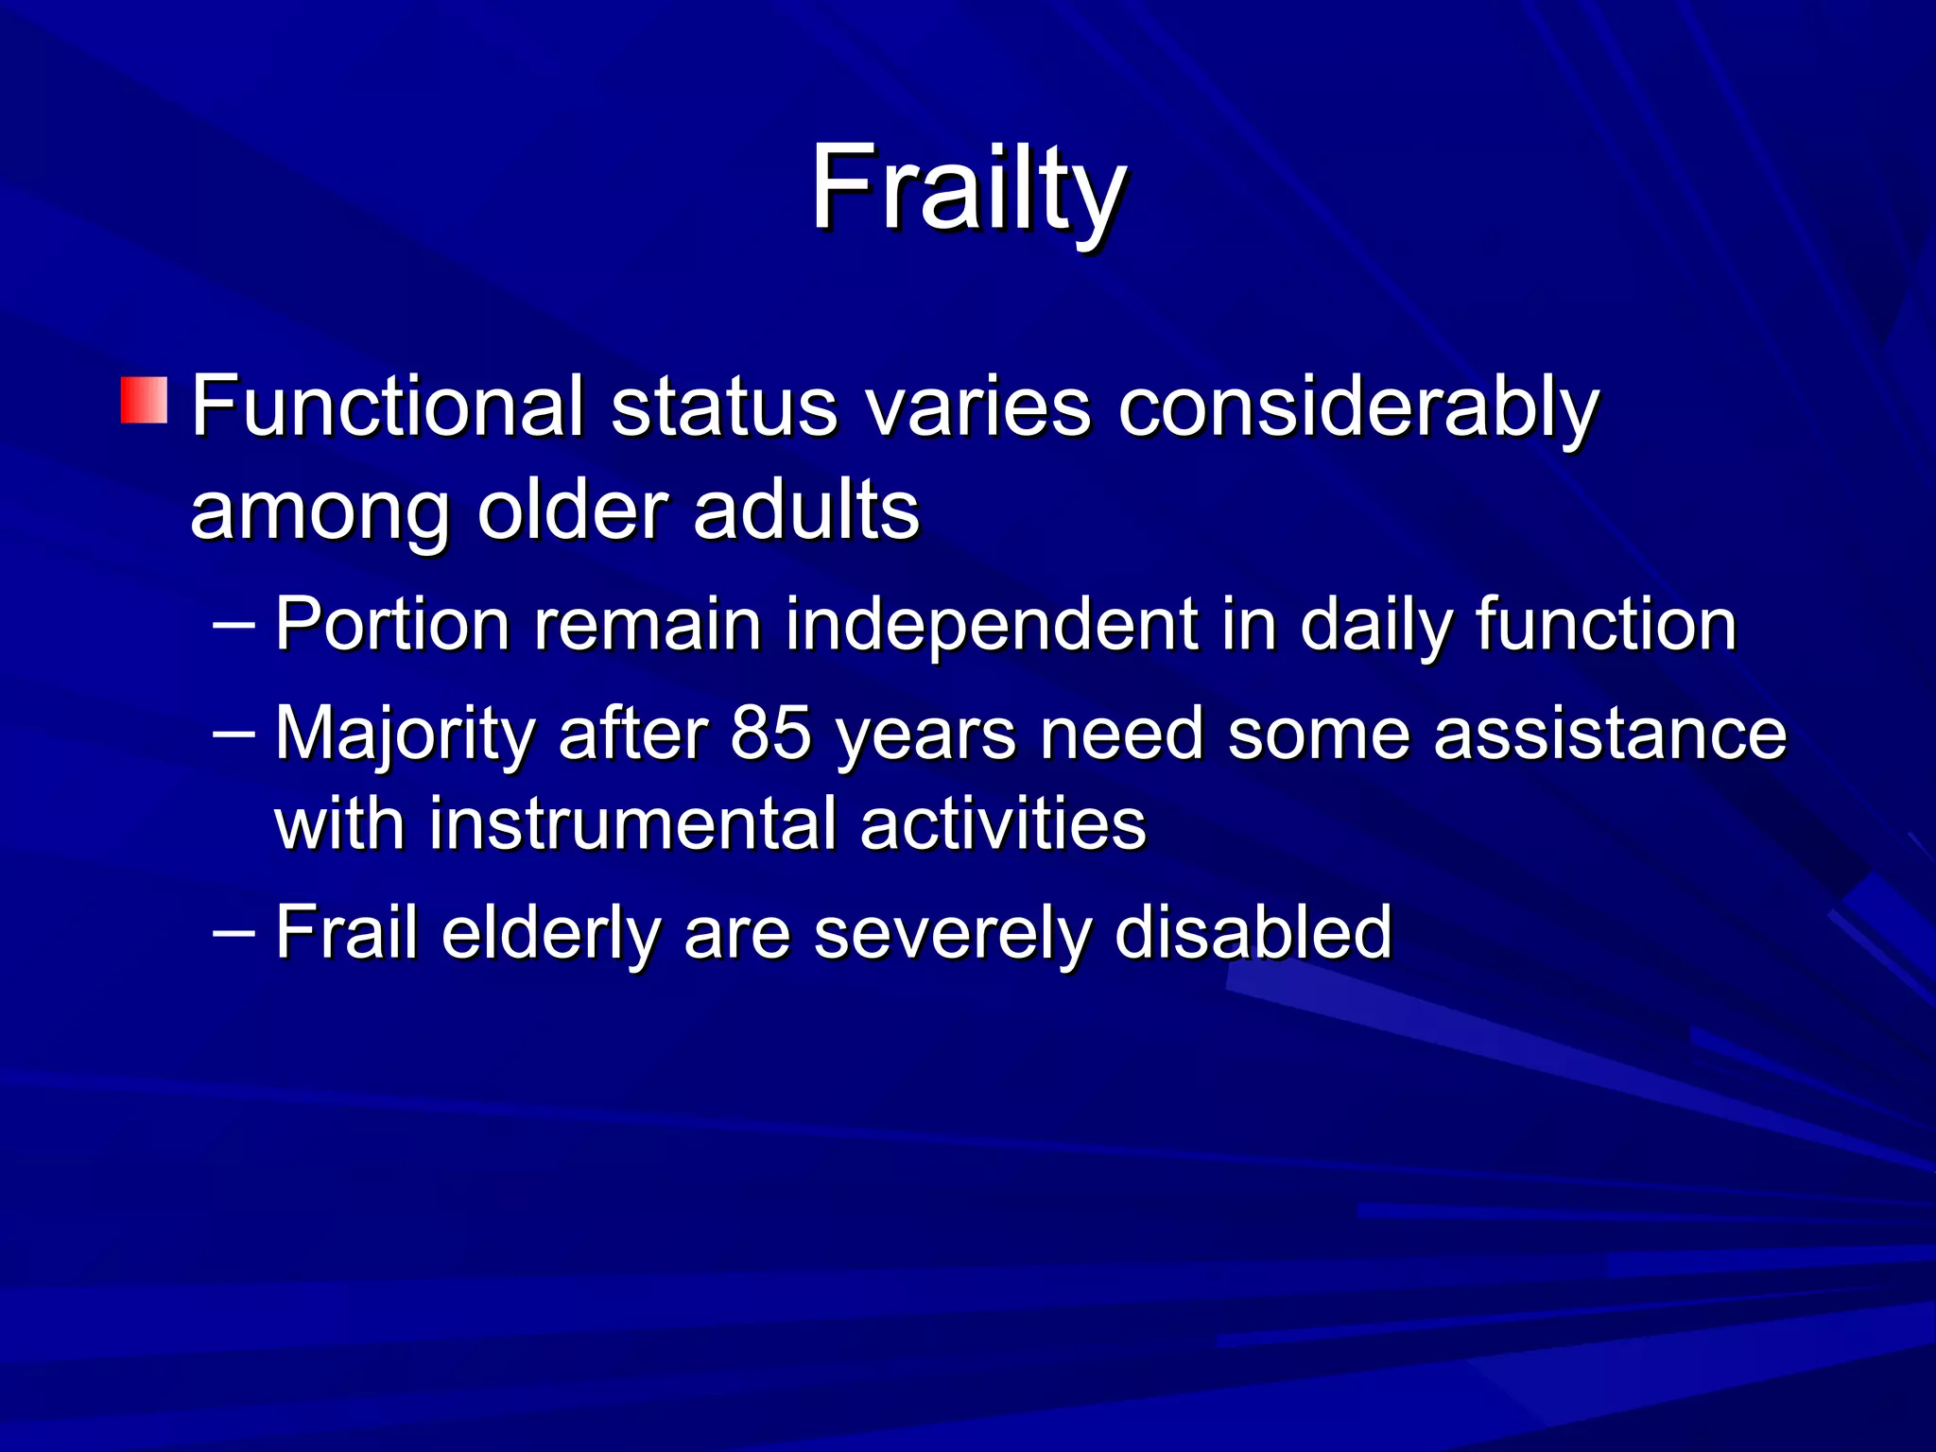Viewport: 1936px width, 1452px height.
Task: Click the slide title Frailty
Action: pos(967,189)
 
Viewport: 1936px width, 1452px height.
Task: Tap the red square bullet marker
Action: pos(144,400)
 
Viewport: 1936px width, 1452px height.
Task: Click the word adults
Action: pos(805,510)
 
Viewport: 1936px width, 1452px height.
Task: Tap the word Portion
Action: pos(391,626)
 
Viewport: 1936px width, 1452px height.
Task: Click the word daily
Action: pos(1374,626)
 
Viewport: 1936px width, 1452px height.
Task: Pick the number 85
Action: pos(770,735)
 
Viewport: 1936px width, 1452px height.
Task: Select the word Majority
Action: pos(405,735)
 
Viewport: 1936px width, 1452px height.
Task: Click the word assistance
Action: pos(1610,735)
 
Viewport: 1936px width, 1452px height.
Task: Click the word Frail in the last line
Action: pos(346,933)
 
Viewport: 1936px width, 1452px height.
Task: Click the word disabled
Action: pos(1253,933)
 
